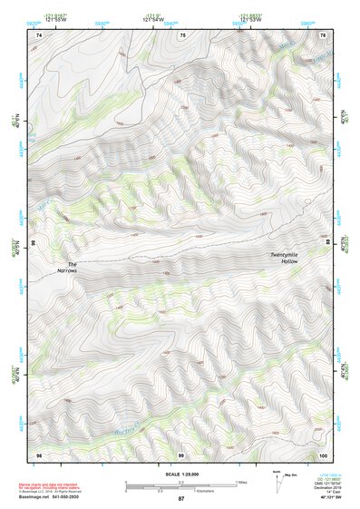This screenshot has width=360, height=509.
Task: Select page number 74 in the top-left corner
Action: point(39,34)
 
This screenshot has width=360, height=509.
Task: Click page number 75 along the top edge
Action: point(181,34)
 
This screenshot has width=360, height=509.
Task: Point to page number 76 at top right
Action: point(324,34)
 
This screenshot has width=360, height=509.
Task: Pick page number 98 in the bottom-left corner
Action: point(39,454)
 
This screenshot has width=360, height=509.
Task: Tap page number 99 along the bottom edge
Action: point(181,454)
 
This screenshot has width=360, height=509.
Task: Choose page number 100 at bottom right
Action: point(323,454)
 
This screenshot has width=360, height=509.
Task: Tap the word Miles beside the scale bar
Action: point(241,481)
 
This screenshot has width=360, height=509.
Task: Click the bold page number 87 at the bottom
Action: point(181,500)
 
